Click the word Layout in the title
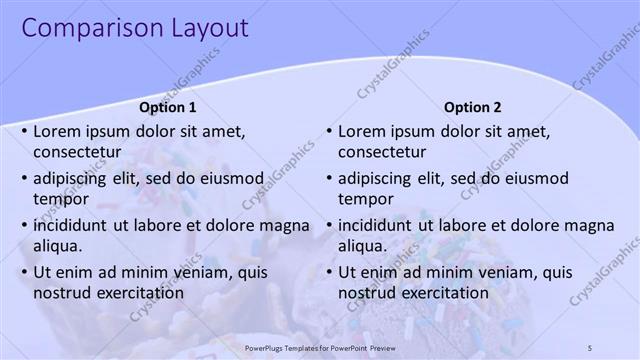click(x=206, y=28)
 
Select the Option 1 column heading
click(x=167, y=107)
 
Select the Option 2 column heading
click(x=472, y=107)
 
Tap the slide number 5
click(x=591, y=346)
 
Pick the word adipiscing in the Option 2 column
click(x=376, y=178)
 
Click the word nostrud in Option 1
click(x=62, y=293)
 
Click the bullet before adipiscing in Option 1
click(x=23, y=178)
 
